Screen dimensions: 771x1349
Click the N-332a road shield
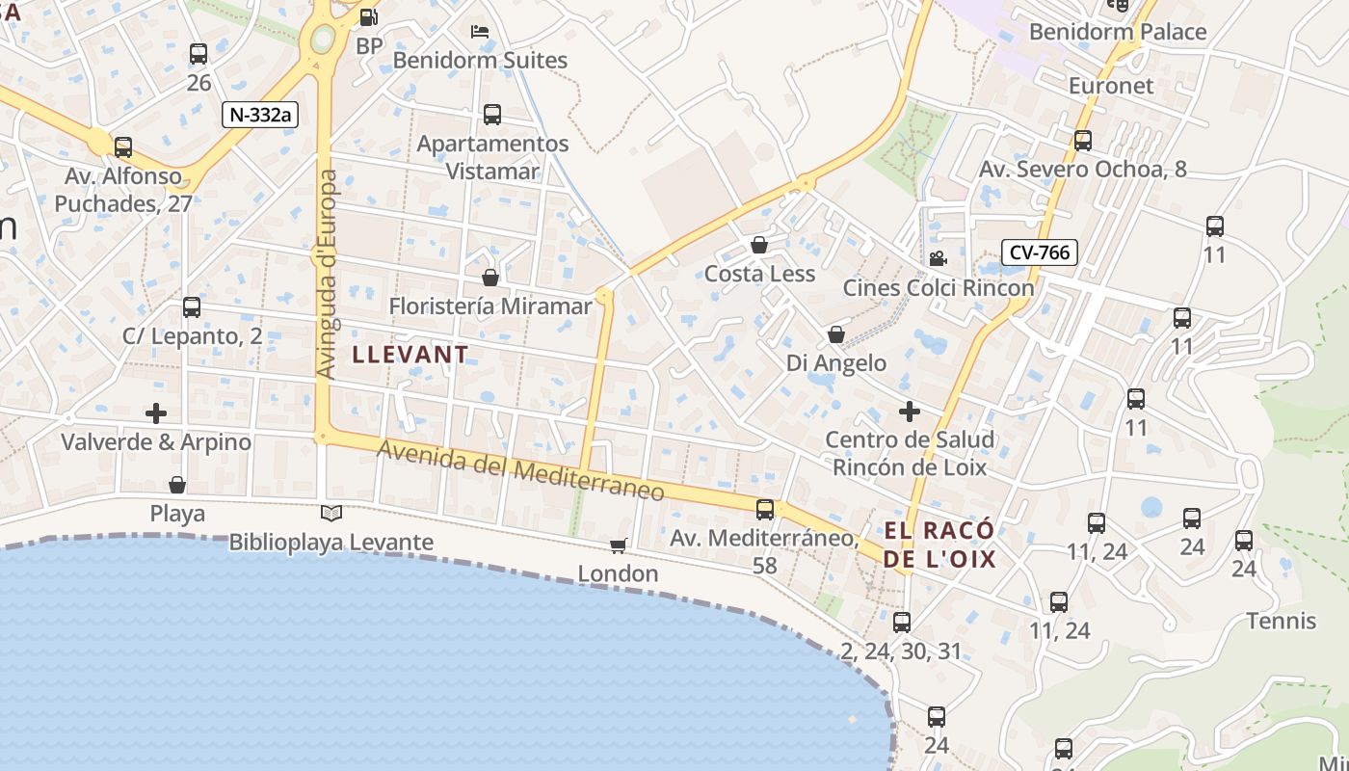tap(260, 115)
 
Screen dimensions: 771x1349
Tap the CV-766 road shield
tap(1039, 253)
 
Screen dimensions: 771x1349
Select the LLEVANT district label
tap(410, 355)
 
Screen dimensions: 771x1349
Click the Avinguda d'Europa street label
tap(328, 275)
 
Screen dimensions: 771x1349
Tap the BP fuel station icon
tap(368, 17)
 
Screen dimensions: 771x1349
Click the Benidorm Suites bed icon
tap(480, 32)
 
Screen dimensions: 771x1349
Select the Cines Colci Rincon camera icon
tap(938, 258)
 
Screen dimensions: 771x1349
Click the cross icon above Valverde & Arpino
tap(156, 413)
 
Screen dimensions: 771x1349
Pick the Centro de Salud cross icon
tap(909, 412)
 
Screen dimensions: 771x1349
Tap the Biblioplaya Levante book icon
tap(331, 514)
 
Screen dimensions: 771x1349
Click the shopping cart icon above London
tap(619, 546)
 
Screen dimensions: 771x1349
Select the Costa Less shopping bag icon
tap(759, 245)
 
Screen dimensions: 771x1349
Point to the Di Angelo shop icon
tap(836, 334)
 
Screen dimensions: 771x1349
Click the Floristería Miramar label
tap(490, 306)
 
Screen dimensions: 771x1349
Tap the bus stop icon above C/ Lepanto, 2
tap(192, 307)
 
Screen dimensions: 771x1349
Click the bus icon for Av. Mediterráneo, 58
tap(765, 509)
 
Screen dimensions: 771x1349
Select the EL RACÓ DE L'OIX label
tap(939, 545)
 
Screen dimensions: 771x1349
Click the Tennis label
tap(1282, 621)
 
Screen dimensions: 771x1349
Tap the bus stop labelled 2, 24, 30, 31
tap(902, 623)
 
